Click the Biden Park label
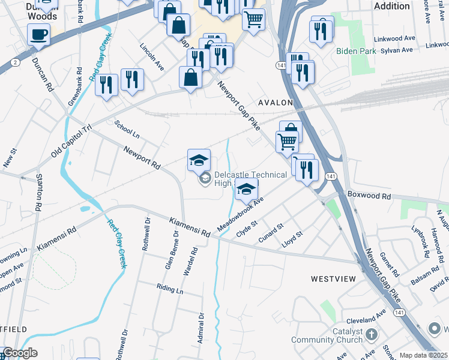tap(356, 51)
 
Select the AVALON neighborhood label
tap(275, 103)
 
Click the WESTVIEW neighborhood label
tap(333, 279)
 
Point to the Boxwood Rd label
tap(369, 196)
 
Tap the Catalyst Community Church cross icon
tap(372, 333)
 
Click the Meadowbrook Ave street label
tap(243, 211)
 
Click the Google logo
tap(20, 353)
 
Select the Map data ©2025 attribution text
tap(423, 355)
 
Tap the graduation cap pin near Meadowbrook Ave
tap(246, 190)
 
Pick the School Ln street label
tap(127, 128)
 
